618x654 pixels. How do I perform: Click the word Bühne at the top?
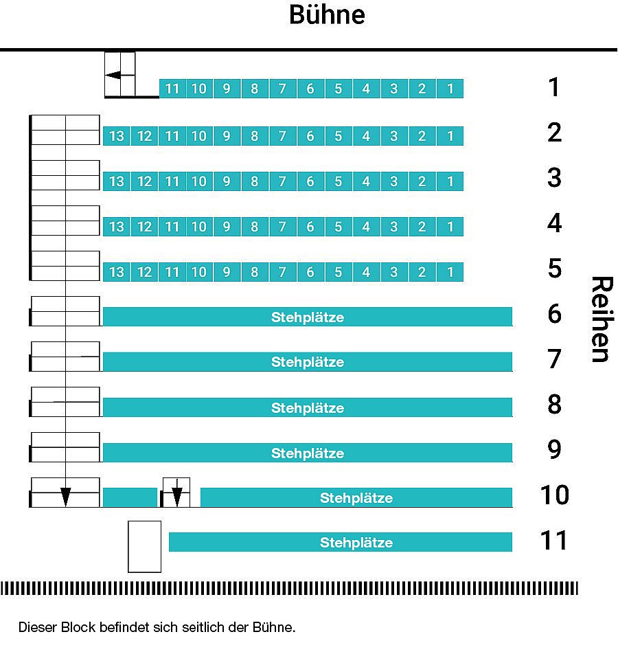327,14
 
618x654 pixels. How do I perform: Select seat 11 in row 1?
172,89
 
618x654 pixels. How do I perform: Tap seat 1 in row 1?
450,89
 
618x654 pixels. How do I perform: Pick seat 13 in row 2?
116,136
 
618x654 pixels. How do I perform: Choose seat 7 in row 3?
282,181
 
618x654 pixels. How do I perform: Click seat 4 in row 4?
366,227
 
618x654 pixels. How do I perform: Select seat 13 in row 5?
116,272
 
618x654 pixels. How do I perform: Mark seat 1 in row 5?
450,272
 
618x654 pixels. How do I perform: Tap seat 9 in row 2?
227,136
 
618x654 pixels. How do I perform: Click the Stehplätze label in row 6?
308,317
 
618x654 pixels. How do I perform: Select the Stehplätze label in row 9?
308,453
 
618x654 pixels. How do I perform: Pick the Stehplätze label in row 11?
356,543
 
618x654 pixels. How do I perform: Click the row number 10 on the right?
554,495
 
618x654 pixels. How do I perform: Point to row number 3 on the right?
554,178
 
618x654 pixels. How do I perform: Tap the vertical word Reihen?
602,319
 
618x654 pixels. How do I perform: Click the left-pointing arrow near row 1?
113,75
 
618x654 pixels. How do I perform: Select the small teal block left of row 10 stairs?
130,497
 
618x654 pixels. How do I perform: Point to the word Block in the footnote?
78,627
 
